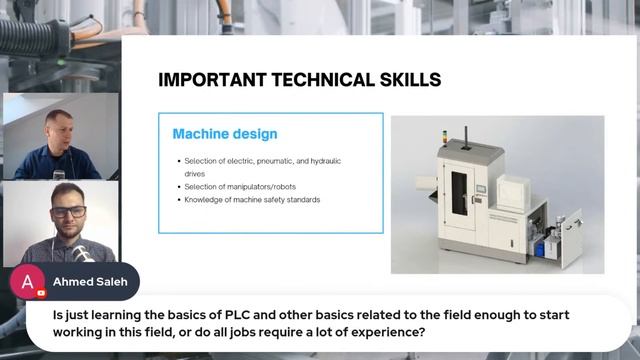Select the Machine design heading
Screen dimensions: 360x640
coord(225,133)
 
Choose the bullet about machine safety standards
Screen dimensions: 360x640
coord(252,199)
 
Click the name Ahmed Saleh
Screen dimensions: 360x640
coord(88,281)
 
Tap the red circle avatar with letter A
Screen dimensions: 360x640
coord(27,281)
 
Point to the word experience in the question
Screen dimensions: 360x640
coord(392,332)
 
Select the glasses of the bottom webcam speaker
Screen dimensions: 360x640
coord(69,212)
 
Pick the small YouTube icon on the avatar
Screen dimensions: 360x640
coord(41,293)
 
